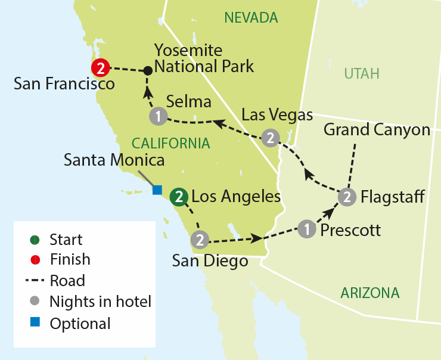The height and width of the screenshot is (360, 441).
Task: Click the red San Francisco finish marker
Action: pyautogui.click(x=100, y=69)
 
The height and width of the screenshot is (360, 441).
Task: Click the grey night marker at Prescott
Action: pyautogui.click(x=306, y=229)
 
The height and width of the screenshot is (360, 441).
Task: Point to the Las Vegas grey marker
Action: pyautogui.click(x=271, y=138)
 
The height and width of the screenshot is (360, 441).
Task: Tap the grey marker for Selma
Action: pyautogui.click(x=158, y=116)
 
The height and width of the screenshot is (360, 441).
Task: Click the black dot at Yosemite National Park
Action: pyautogui.click(x=148, y=71)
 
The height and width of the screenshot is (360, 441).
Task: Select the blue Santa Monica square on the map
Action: pyautogui.click(x=157, y=190)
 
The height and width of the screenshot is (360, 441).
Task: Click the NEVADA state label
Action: pyautogui.click(x=251, y=18)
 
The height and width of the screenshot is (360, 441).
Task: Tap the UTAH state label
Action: pyautogui.click(x=362, y=74)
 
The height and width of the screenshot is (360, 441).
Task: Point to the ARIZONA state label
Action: pyautogui.click(x=369, y=293)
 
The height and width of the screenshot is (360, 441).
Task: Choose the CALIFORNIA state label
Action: pyautogui.click(x=171, y=143)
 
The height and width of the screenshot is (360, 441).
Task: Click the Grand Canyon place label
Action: pyautogui.click(x=377, y=129)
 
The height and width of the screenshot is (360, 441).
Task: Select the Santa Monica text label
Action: pyautogui.click(x=114, y=160)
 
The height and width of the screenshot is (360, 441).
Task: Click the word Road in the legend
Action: pyautogui.click(x=67, y=280)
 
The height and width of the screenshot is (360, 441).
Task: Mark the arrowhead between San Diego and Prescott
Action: pyautogui.click(x=257, y=238)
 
